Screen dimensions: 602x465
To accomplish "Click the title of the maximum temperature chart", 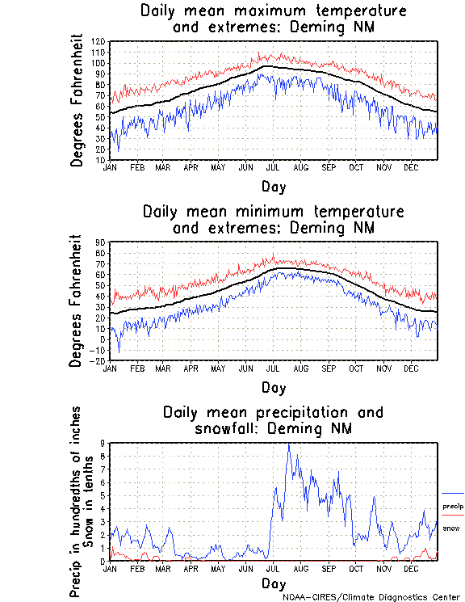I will point(273,19).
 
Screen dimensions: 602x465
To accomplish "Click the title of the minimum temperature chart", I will point(273,220).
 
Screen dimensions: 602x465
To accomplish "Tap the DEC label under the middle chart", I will point(411,368).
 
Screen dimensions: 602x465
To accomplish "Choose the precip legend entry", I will point(453,507).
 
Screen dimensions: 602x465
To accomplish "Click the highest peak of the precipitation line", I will point(289,444).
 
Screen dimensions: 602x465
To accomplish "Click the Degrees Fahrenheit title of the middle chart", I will point(77,301).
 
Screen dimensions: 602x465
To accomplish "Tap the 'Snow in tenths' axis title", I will point(88,501).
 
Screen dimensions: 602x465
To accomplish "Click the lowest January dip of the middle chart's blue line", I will point(119,352).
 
